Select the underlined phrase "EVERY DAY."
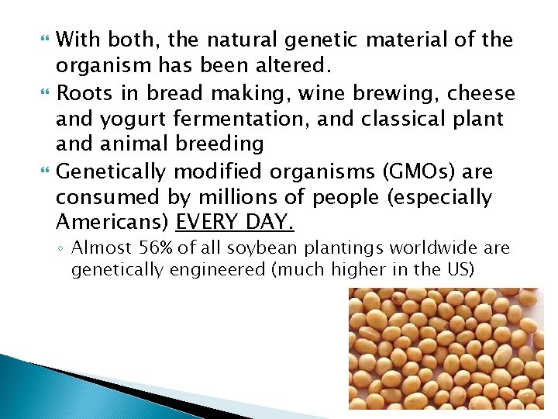pyautogui.click(x=235, y=223)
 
